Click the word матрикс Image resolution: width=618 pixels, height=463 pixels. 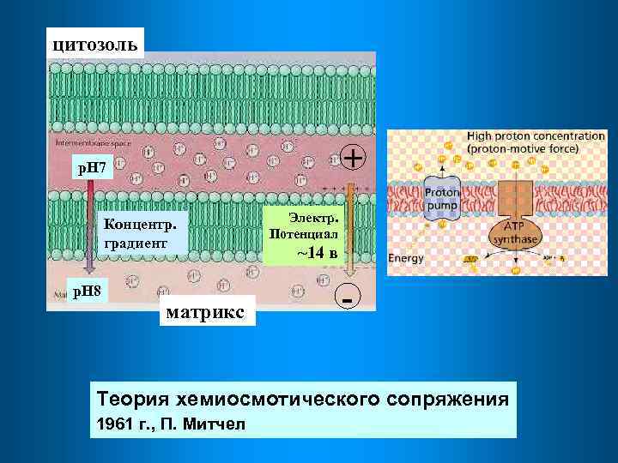click(x=208, y=309)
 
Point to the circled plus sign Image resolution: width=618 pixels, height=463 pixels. click(x=353, y=157)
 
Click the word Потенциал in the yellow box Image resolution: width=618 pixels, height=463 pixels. click(x=304, y=233)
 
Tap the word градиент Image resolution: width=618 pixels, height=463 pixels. click(x=132, y=243)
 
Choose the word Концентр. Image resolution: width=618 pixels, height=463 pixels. click(x=142, y=225)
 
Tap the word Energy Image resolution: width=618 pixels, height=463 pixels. click(x=407, y=258)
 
